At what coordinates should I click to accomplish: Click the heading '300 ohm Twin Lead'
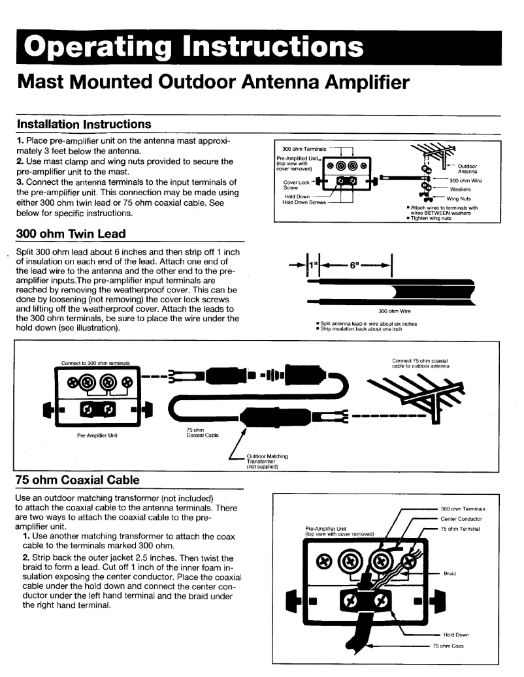coord(71,234)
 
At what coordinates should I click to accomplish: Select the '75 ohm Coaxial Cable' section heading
coord(77,480)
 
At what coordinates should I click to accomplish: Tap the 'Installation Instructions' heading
coord(84,124)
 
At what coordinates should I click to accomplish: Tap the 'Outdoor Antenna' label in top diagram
coord(468,169)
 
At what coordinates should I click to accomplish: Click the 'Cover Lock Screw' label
coord(295,185)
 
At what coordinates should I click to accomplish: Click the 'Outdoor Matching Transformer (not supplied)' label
coord(267,462)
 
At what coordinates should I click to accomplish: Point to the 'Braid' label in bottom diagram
coord(450,573)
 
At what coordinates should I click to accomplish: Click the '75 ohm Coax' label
coord(448,646)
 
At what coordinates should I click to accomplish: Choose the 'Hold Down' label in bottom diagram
coord(455,634)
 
